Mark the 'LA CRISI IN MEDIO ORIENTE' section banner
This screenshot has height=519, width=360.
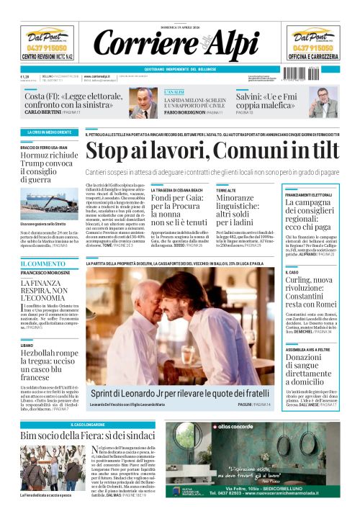coord(46,132)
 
